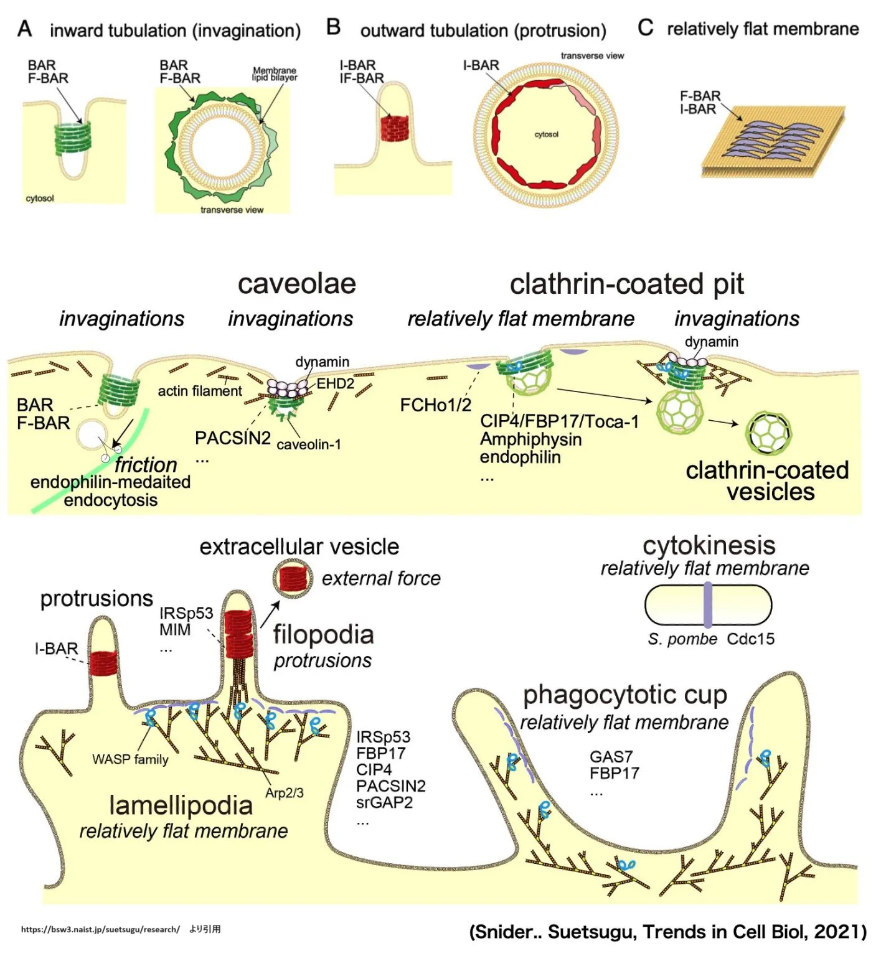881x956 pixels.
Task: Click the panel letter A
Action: click(25, 29)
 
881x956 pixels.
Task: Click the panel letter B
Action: click(334, 27)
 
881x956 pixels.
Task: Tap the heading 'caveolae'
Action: click(297, 284)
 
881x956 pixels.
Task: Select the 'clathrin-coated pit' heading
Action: click(626, 284)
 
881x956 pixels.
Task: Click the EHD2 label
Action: click(336, 383)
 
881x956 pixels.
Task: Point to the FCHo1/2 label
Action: click(435, 405)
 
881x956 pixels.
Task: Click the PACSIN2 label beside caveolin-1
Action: click(232, 438)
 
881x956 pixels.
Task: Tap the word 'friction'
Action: click(146, 464)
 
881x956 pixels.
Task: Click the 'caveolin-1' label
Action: click(309, 444)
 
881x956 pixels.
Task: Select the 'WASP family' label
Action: click(130, 759)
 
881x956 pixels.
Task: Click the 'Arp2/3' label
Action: click(285, 793)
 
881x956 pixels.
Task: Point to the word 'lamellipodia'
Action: click(181, 805)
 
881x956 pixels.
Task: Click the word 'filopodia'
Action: click(323, 635)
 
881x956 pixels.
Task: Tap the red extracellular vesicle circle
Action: click(293, 579)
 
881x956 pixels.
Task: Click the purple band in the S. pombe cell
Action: click(708, 604)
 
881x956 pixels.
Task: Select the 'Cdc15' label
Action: click(751, 639)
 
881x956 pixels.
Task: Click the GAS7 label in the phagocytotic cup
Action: click(611, 757)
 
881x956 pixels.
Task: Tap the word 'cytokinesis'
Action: click(709, 546)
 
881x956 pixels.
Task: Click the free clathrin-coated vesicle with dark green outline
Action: click(769, 433)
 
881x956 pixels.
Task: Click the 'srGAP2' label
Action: click(384, 803)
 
